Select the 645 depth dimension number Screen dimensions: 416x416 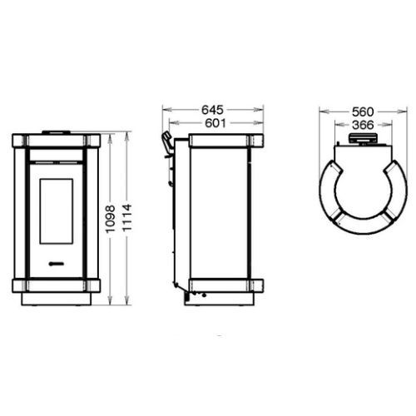pyautogui.click(x=213, y=109)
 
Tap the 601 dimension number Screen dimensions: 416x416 pyautogui.click(x=213, y=123)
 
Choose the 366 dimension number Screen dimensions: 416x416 pyautogui.click(x=361, y=125)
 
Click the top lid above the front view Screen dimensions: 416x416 pyautogui.click(x=57, y=131)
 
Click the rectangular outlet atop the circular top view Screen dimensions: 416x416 pyautogui.click(x=361, y=142)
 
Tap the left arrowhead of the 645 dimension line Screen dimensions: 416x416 pyautogui.click(x=165, y=109)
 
